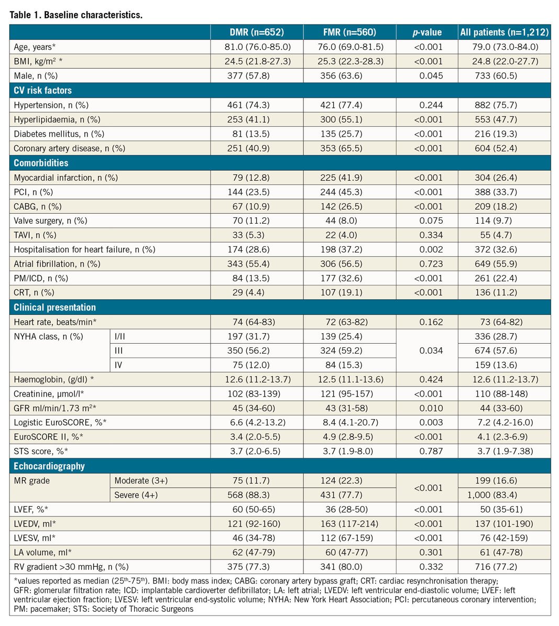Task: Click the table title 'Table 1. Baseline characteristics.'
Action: (x=76, y=15)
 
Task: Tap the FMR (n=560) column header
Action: (x=349, y=32)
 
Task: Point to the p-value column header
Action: (x=427, y=32)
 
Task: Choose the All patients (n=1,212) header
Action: (x=504, y=32)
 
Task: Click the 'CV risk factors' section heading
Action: (x=43, y=90)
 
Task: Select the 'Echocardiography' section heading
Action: (x=49, y=466)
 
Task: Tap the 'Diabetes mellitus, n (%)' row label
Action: (x=59, y=134)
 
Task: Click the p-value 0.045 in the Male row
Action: (x=431, y=75)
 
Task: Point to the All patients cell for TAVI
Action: (x=503, y=235)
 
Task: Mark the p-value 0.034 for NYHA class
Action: (x=431, y=350)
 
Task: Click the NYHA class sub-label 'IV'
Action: (x=118, y=365)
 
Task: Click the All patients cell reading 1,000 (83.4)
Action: (x=503, y=495)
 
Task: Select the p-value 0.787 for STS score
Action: (x=431, y=451)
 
